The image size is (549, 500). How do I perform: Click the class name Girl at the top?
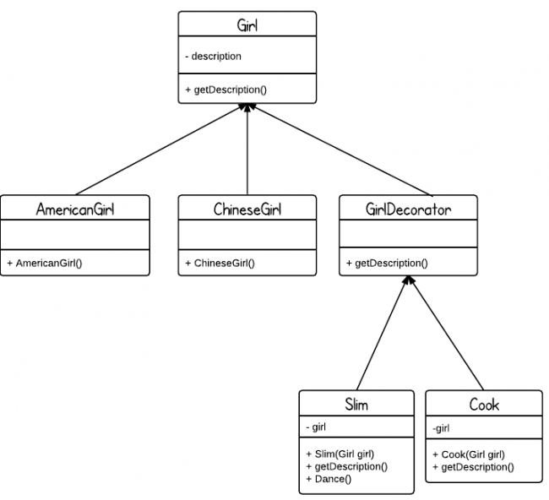pos(247,26)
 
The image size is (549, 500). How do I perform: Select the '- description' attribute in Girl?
pos(213,57)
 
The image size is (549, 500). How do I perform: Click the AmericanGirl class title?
pos(75,209)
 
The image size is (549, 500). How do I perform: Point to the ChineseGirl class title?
pos(247,209)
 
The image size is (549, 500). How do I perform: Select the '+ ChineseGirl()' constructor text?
pos(220,263)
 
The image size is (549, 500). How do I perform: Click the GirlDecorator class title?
pos(408,209)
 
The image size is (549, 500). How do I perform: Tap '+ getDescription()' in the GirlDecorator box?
pos(387,263)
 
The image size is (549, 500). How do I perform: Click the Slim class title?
pos(356,404)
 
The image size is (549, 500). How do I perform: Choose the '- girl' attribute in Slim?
pos(318,427)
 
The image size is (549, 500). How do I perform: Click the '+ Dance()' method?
pos(329,479)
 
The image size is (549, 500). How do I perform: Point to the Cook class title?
pos(484,404)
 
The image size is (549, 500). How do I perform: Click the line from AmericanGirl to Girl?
pos(160,149)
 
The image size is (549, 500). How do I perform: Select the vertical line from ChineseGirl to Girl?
pos(247,152)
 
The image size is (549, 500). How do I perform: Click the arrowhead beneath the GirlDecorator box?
pos(409,279)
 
